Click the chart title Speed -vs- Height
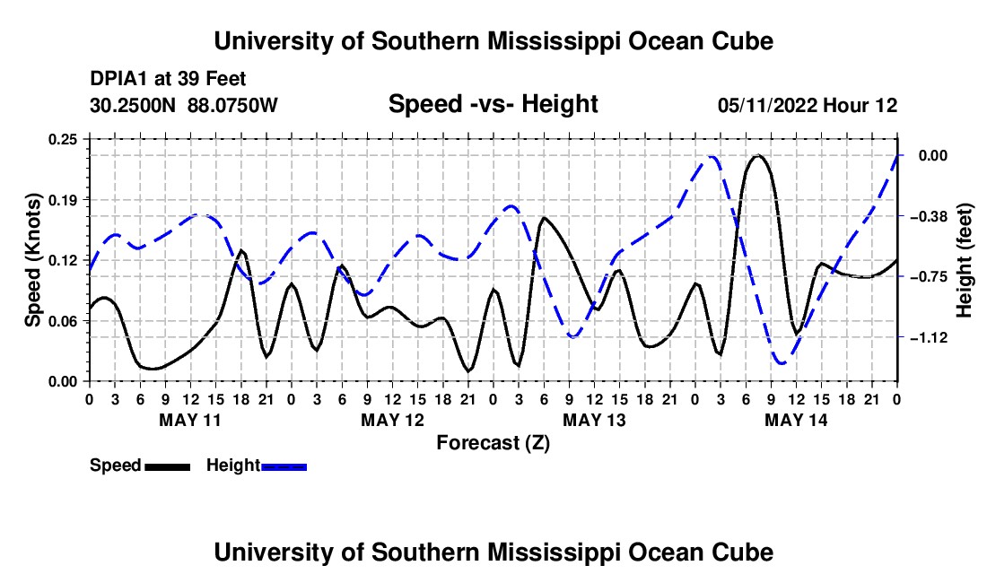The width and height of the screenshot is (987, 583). (493, 104)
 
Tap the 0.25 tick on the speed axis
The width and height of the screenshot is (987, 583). (62, 139)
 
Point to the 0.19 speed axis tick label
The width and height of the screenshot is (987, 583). (62, 200)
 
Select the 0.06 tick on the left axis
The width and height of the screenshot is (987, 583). (62, 321)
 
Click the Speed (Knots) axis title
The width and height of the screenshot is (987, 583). (32, 260)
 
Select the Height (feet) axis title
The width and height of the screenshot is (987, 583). (965, 260)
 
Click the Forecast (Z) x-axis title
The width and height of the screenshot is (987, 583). (493, 443)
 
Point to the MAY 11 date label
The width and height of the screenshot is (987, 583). (190, 420)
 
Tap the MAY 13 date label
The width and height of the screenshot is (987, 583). (594, 420)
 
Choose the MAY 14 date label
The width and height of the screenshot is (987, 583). (796, 420)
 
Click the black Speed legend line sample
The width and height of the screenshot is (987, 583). (167, 466)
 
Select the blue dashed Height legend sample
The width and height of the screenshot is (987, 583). (284, 466)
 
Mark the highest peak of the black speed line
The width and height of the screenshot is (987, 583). (758, 155)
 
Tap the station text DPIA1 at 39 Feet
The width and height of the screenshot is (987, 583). (168, 79)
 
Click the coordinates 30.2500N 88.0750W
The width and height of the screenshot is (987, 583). (183, 105)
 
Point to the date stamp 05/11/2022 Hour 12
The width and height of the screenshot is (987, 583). (808, 105)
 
